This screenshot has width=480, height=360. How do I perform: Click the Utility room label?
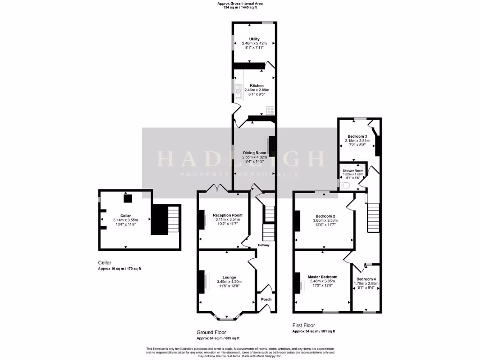(x=254, y=39)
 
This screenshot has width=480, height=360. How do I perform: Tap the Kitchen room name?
(x=254, y=85)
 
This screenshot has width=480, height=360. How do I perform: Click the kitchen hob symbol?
(x=270, y=111)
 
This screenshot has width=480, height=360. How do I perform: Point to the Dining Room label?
(x=255, y=153)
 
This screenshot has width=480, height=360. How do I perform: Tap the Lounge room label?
(x=229, y=277)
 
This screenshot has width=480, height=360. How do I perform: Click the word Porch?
(x=266, y=300)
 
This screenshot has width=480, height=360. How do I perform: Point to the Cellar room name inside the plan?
(x=125, y=216)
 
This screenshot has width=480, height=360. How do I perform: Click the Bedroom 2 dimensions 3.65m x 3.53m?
(x=325, y=220)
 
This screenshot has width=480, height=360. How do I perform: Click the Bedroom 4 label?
(x=367, y=279)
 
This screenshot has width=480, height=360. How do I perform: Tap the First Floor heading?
(x=304, y=325)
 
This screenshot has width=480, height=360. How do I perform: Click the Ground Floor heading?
(x=212, y=332)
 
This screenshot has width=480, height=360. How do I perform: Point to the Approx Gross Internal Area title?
(x=240, y=4)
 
